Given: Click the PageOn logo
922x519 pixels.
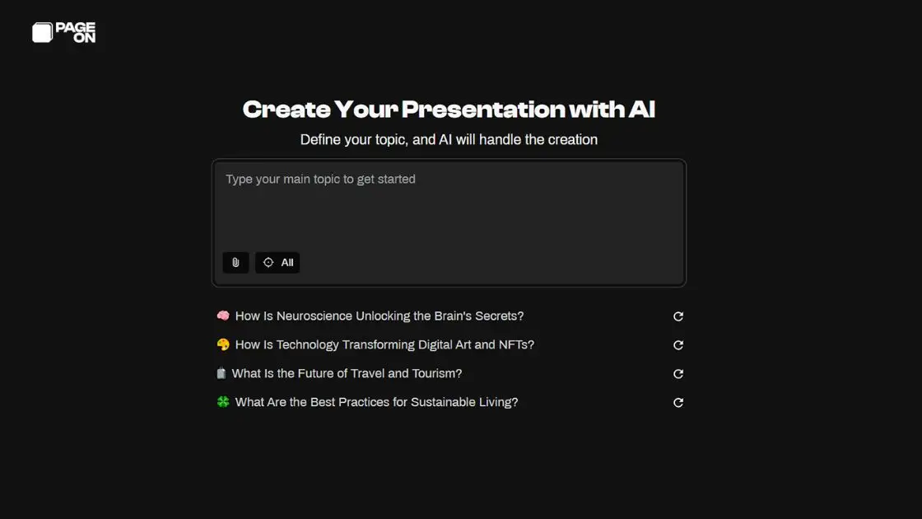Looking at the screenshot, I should tap(63, 32).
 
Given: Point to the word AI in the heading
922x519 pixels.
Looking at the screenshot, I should tap(640, 110).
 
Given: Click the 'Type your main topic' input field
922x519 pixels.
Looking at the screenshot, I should tap(449, 206).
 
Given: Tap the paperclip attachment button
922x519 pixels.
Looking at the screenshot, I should tap(235, 263).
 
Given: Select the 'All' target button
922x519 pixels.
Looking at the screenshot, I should tap(277, 263).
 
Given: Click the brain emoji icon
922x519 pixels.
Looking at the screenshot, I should tap(223, 316).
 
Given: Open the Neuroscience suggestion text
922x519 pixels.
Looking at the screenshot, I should tap(380, 316).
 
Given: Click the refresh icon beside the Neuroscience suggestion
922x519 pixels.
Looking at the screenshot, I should tap(678, 316).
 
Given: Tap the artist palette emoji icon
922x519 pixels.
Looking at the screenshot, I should tap(223, 345).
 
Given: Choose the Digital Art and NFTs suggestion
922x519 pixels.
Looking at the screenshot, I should tap(384, 345).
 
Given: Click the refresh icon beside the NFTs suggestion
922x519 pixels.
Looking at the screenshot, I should tap(678, 345).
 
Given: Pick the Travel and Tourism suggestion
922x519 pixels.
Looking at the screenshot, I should tap(347, 374).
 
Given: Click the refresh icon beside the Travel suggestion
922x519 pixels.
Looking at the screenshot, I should tap(678, 374).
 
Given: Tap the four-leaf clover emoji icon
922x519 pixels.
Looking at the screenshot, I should tap(223, 403).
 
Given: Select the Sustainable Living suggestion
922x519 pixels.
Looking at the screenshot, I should tap(376, 403).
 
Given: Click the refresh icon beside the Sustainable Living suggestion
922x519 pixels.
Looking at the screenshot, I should tap(678, 403).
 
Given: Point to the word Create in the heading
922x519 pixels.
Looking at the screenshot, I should tap(286, 110).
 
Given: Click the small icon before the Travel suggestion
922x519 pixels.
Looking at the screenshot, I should tap(221, 374).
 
